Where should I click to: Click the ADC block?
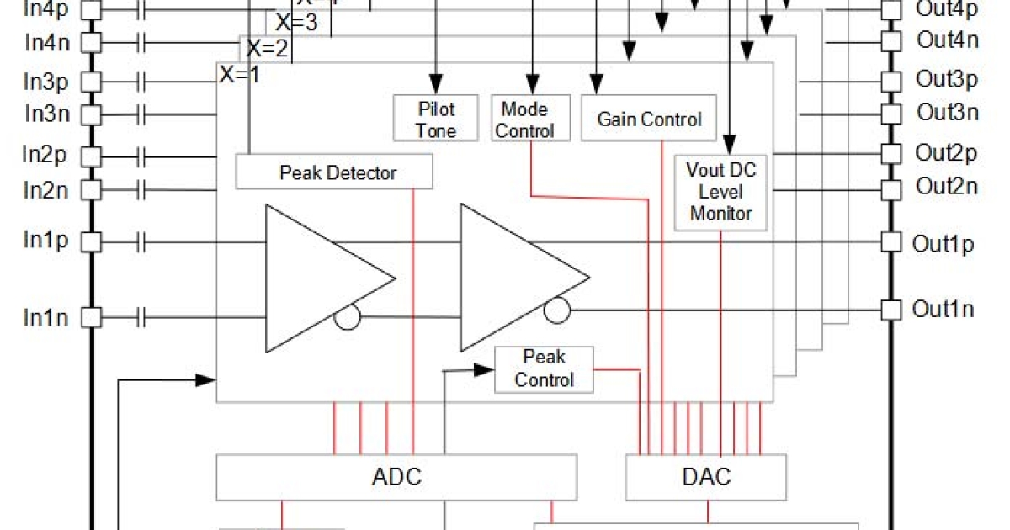click(x=396, y=478)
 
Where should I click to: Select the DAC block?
click(x=705, y=478)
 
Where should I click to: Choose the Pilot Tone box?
click(x=436, y=119)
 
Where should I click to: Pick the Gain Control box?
click(x=648, y=119)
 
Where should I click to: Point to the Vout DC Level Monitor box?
click(x=721, y=192)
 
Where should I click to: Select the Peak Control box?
click(x=544, y=368)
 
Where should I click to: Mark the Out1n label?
click(x=943, y=310)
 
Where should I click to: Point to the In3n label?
click(x=46, y=113)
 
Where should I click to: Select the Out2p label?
click(x=946, y=154)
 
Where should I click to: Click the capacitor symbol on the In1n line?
click(x=141, y=318)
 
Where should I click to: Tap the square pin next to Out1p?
click(x=890, y=242)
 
